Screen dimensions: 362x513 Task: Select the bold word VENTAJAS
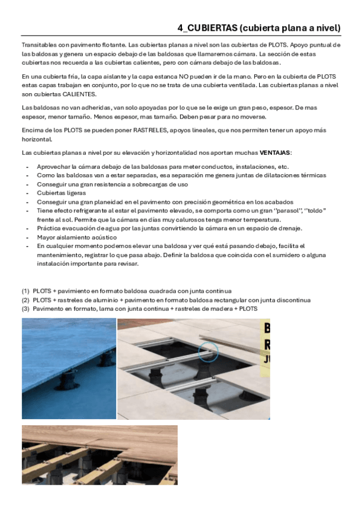[276, 152]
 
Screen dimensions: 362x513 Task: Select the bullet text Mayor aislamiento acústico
[72, 237]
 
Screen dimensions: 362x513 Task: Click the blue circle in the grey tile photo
[207, 350]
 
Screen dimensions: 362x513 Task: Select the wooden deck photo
[100, 454]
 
